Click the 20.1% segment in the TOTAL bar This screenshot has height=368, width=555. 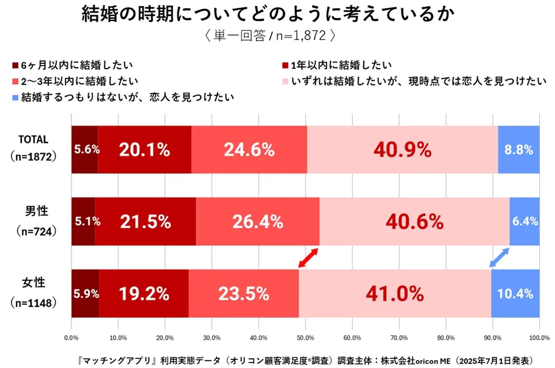pyautogui.click(x=145, y=150)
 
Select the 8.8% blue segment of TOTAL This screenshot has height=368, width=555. pyautogui.click(x=518, y=150)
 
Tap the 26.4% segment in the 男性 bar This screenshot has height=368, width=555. pyautogui.click(x=257, y=221)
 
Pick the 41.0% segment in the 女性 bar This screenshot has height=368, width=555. pyautogui.click(x=394, y=293)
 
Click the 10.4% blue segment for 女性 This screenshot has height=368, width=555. pyautogui.click(x=515, y=293)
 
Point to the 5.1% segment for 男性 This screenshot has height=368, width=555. pyautogui.click(x=83, y=221)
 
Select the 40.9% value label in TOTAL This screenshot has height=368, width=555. pyautogui.click(x=402, y=150)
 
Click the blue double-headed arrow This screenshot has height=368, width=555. pyautogui.click(x=499, y=258)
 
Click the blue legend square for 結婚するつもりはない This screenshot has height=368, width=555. pyautogui.click(x=15, y=98)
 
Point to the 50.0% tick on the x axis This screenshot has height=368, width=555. pyautogui.click(x=305, y=338)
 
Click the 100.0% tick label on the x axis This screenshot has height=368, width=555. pyautogui.click(x=538, y=338)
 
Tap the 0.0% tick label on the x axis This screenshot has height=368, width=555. pyautogui.click(x=72, y=338)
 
